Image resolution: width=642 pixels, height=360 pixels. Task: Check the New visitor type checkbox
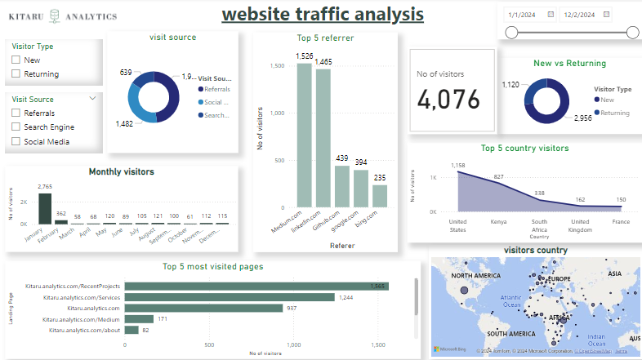[x=16, y=60]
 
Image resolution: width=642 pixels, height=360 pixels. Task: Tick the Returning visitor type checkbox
[x=16, y=74]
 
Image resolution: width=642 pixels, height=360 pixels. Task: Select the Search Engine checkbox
[x=16, y=127]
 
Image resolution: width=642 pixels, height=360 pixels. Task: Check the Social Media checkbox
[x=16, y=142]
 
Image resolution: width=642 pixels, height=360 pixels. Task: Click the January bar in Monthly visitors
[x=45, y=208]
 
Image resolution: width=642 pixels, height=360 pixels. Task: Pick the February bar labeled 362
[x=61, y=220]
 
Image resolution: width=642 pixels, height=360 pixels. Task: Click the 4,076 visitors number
[x=453, y=98]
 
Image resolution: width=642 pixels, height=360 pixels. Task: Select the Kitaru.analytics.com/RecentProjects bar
[x=256, y=286]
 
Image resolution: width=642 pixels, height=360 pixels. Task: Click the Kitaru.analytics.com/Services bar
[x=230, y=297]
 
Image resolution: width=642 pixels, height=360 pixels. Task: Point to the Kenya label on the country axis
[x=497, y=220]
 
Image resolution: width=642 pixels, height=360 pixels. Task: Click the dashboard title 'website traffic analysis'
[x=322, y=15]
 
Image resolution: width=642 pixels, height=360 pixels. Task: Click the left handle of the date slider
[x=511, y=32]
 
